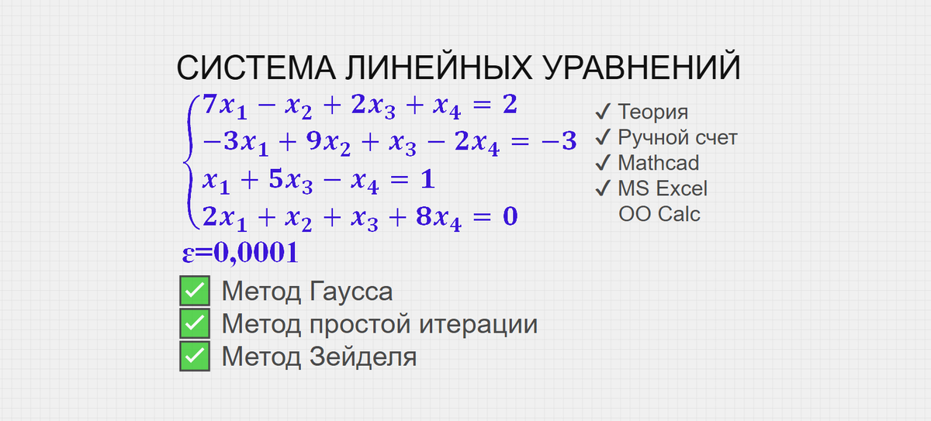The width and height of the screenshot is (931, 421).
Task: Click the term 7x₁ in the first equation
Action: click(223, 106)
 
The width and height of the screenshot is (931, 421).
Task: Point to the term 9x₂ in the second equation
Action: click(324, 143)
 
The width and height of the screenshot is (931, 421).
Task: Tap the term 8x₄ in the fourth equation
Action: click(438, 217)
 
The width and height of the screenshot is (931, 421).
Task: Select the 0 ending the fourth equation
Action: click(510, 216)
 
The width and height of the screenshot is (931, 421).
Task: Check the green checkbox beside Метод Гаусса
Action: click(194, 292)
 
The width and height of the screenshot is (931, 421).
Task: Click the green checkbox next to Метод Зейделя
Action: click(194, 357)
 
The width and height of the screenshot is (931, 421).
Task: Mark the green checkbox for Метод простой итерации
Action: click(194, 324)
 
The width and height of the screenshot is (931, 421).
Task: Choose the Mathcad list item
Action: click(658, 163)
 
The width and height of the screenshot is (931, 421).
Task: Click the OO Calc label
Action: click(659, 213)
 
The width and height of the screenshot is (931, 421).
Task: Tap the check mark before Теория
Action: click(604, 112)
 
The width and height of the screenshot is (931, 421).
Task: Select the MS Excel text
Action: click(662, 188)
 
